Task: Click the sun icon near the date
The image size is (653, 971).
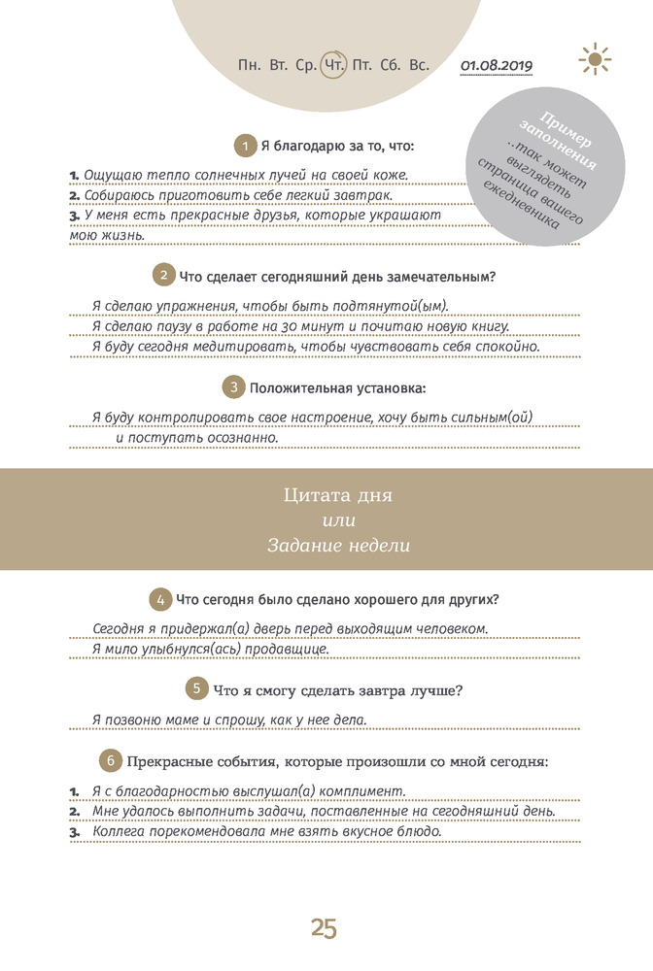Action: point(595,59)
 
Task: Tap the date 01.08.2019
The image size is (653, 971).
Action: point(498,66)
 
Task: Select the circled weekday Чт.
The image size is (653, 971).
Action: point(334,66)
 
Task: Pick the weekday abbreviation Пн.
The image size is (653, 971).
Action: point(249,66)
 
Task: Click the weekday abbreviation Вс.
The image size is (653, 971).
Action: point(420,66)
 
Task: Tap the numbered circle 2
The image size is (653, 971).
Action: point(165,276)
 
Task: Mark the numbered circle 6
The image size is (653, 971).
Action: point(111,758)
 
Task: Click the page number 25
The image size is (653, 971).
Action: point(325,928)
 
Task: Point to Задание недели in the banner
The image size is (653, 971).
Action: point(338,546)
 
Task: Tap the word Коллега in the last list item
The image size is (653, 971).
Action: point(122,832)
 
